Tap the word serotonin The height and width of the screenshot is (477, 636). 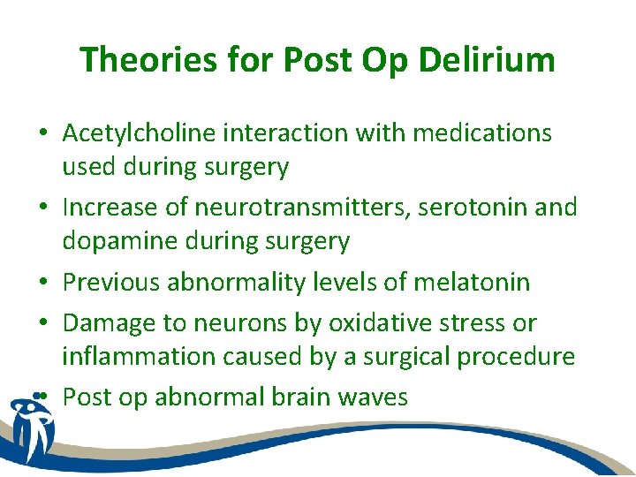(x=496, y=208)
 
